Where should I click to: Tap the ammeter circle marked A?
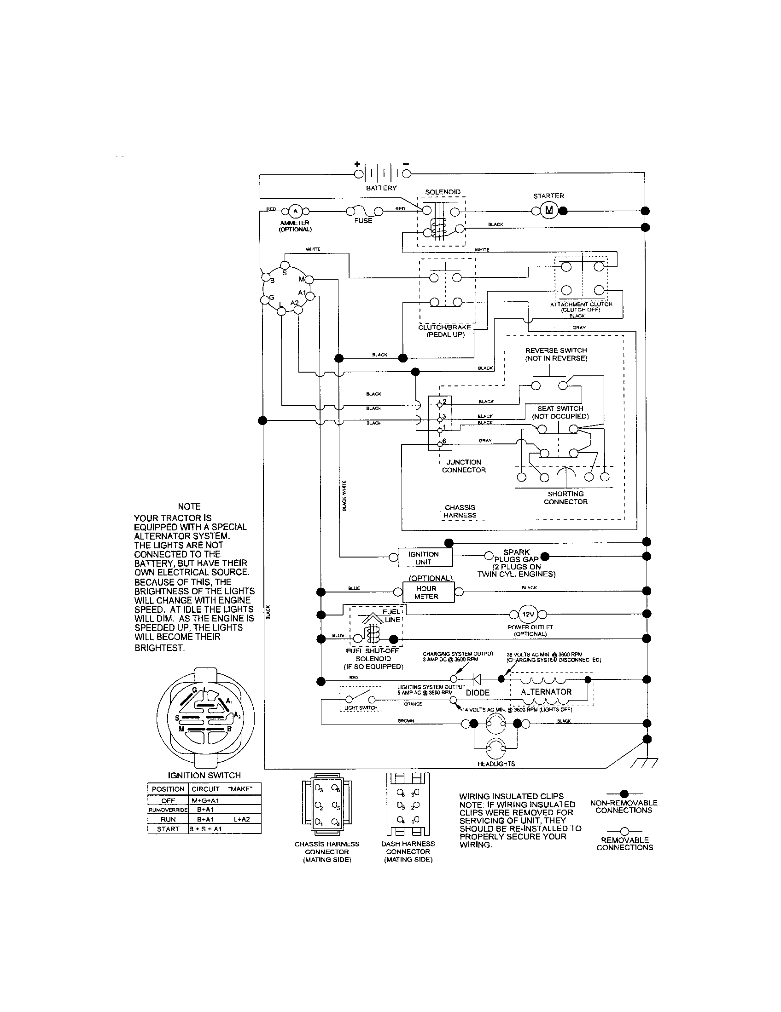tap(295, 211)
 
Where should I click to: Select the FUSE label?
tap(363, 221)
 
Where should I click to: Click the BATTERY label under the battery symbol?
tap(381, 188)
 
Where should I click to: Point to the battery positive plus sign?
tap(357, 164)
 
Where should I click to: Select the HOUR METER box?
tap(426, 592)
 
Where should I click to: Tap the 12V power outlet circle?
tap(528, 615)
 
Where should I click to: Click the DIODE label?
tap(478, 693)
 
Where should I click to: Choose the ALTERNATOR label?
tap(546, 692)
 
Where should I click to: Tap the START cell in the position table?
tap(168, 829)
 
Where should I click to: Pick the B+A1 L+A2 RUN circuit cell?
tap(224, 819)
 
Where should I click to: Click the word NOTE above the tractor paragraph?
tap(189, 506)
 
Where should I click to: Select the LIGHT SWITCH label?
tap(361, 708)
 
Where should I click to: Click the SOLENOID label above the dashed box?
tap(443, 192)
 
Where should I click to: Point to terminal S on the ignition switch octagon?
tap(285, 265)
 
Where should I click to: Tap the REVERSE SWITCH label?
tap(556, 351)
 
